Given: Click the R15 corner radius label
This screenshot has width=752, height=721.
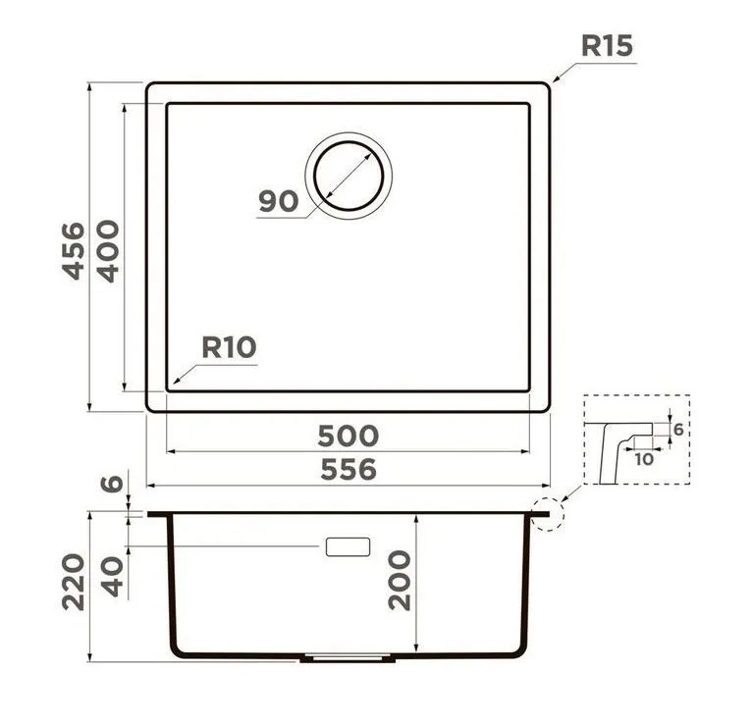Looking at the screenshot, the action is coord(607,46).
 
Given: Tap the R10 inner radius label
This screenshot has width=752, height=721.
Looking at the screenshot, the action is coord(230,347).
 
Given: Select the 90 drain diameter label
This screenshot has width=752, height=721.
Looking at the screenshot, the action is coord(278,201).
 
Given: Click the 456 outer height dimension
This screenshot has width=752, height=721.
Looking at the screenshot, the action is coord(74,250).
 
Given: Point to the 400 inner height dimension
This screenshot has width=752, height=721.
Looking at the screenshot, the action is coord(108,251).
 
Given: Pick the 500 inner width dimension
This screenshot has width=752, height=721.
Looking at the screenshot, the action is coord(349,436).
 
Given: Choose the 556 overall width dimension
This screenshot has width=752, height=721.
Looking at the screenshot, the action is coord(349,470).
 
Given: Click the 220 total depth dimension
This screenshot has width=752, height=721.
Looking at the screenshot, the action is coord(74,582).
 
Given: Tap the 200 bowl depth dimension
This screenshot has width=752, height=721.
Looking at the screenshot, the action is coord(400,580).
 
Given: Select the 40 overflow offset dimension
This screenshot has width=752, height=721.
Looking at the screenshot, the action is coord(113,577).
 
